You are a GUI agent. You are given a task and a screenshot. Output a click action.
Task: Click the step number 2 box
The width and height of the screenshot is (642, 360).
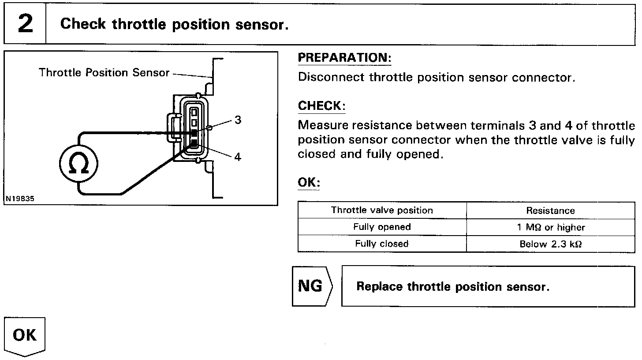pos(25,24)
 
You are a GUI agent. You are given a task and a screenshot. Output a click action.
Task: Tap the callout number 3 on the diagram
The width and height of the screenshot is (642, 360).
pos(238,120)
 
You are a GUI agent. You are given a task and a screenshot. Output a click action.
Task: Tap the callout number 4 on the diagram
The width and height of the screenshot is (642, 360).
pos(238,157)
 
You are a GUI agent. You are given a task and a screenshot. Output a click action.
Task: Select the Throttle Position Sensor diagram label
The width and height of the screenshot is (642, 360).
pos(104,73)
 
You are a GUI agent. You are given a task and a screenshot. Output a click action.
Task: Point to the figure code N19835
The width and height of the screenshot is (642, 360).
pos(20,199)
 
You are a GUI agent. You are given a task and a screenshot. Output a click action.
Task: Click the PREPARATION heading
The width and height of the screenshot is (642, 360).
pos(344,58)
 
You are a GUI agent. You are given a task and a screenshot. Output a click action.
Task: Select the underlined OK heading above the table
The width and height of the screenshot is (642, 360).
pos(309,183)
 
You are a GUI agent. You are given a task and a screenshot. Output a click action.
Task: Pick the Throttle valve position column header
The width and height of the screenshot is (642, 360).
pos(382,210)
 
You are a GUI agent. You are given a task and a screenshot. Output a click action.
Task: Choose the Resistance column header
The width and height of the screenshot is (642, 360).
pos(550,211)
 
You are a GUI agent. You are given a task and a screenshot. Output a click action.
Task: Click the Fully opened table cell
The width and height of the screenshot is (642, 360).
pos(382,227)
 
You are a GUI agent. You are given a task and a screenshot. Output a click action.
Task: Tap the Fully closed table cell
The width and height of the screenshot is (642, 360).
pos(382,244)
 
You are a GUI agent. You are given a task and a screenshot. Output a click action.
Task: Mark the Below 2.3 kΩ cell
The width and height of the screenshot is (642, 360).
pos(550,244)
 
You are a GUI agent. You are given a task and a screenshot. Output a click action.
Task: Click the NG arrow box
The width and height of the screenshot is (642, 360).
pos(311,286)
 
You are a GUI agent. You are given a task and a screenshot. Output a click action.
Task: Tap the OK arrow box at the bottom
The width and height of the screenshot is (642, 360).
pos(25,336)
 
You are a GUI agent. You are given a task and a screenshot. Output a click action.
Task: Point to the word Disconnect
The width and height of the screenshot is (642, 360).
pos(332,78)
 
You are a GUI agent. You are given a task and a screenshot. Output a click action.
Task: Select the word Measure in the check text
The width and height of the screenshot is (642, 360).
pos(321,126)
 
